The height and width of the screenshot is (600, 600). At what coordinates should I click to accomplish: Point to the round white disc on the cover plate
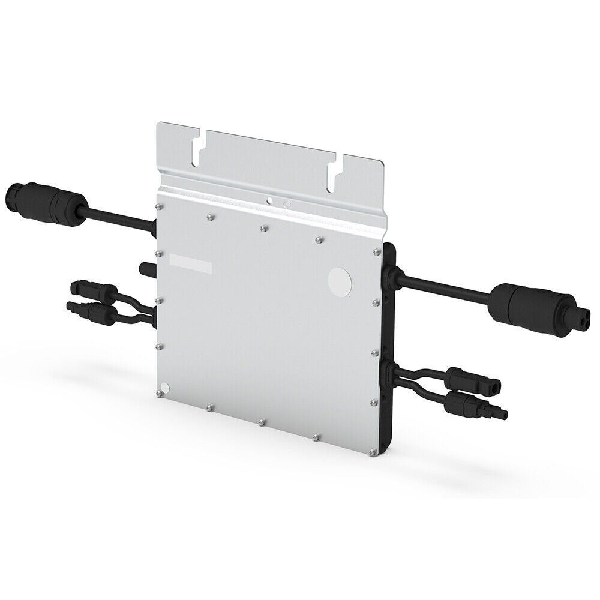coord(340,280)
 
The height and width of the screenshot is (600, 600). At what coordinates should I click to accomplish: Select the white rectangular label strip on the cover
coord(189,262)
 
